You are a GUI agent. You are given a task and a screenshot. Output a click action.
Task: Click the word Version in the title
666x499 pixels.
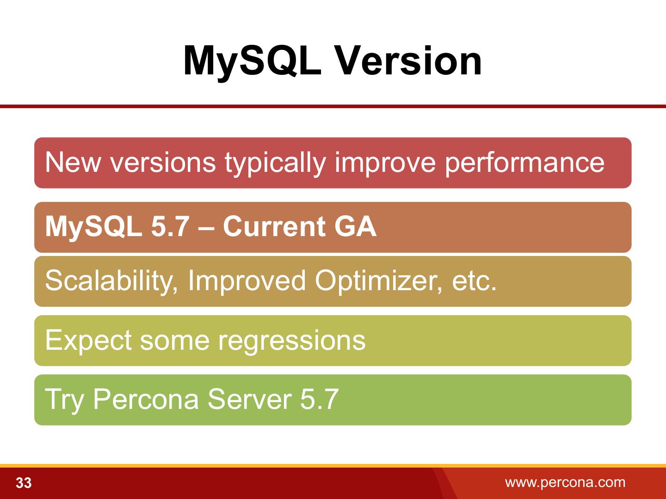pos(409,61)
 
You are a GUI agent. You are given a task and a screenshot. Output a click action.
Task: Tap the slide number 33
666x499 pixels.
pos(24,483)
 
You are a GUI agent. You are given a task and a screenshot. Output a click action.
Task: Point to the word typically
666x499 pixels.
pos(275,164)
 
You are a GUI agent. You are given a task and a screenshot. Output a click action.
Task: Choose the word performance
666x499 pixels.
pos(524,164)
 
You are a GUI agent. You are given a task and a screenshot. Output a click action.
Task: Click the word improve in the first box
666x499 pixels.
pos(385,164)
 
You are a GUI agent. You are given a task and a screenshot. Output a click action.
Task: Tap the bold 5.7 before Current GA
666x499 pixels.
pos(170,226)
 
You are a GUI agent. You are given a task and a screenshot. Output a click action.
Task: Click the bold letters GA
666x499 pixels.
pos(355,226)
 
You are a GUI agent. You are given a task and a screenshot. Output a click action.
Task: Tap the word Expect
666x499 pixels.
pos(88,341)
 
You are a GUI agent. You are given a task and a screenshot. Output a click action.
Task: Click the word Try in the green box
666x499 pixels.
pos(64,400)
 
